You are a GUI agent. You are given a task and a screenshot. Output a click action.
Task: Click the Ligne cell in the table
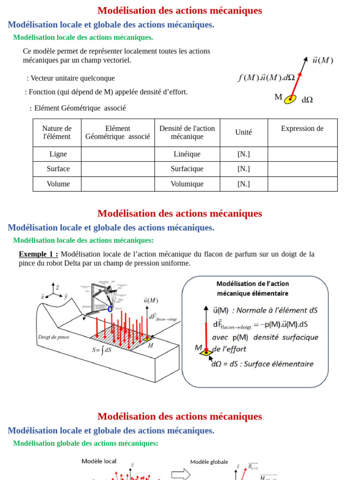pos(58,154)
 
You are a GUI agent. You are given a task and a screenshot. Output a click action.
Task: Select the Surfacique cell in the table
pos(187,169)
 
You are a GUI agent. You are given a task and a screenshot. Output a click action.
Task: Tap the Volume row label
pos(58,184)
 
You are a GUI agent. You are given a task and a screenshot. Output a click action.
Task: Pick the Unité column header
pos(243,132)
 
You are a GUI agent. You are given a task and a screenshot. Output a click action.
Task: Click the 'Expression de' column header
pos(302,128)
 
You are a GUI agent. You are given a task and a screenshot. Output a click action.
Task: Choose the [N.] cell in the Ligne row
pos(243,154)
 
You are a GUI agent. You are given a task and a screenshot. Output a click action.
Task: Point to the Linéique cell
pos(187,154)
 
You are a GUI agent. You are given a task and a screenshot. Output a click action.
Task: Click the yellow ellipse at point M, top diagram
pos(290,99)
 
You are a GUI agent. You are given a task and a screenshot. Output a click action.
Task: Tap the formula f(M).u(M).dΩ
pos(266,78)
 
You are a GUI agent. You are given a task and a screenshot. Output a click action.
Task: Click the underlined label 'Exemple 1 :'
pos(38,254)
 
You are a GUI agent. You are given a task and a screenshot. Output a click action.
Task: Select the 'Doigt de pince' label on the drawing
pos(53,337)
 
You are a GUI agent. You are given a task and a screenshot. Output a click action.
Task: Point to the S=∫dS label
pos(102,350)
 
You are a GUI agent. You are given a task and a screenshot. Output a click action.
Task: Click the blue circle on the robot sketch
pos(110,309)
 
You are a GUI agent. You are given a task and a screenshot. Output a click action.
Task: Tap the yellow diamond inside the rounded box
pos(205,352)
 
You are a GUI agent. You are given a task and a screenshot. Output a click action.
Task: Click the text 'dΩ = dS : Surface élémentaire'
pos(262,364)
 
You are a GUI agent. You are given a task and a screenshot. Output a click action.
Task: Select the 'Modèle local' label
pos(99,461)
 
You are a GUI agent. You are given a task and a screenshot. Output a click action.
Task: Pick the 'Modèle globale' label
pos(209,462)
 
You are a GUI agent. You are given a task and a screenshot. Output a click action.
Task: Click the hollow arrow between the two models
pos(180,474)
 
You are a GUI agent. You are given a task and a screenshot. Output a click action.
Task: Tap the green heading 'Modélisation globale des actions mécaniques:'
pos(85,443)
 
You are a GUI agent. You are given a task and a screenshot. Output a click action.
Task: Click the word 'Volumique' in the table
pos(187,184)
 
